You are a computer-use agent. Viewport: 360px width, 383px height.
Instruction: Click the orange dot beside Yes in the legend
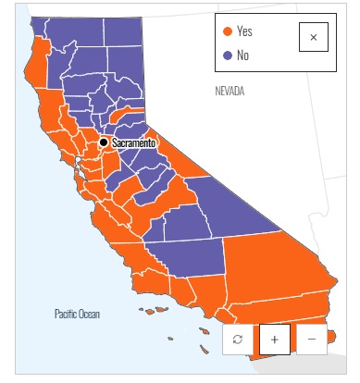click(228, 32)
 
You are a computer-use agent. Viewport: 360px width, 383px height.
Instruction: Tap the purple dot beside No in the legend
click(228, 56)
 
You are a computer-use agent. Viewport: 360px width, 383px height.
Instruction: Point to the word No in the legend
click(242, 56)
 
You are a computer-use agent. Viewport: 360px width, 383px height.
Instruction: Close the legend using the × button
click(313, 37)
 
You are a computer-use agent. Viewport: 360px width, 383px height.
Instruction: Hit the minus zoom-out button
click(311, 340)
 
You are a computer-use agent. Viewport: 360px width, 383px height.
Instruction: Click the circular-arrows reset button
click(238, 340)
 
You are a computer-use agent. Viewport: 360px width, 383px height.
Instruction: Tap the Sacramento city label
click(133, 143)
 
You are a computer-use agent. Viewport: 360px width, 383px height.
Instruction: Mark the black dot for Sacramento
click(104, 142)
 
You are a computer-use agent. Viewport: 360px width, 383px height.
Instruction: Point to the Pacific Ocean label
click(77, 315)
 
